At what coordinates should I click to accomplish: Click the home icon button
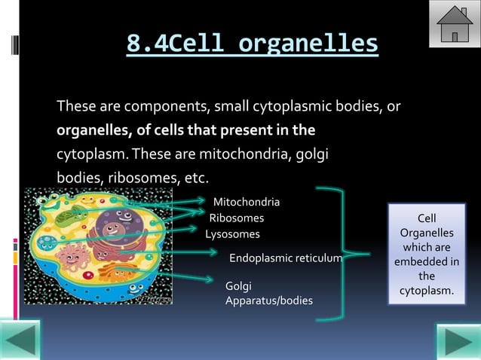[455, 24]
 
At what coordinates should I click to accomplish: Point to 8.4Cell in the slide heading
[174, 44]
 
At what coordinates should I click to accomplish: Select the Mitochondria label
[247, 202]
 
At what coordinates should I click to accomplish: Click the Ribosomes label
[236, 218]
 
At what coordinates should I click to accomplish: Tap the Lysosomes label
[232, 234]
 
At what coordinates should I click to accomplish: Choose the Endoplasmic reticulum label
[285, 258]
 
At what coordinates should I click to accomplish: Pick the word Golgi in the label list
[238, 286]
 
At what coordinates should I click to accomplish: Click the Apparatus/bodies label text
[268, 301]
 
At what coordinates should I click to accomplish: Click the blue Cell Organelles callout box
[426, 254]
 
